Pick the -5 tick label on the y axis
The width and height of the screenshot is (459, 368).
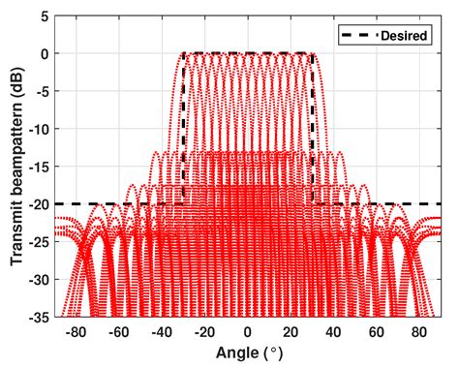click(41, 92)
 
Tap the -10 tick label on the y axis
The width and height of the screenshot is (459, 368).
click(38, 130)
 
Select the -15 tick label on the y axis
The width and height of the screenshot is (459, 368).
click(38, 167)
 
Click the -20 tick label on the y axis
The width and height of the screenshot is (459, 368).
click(38, 204)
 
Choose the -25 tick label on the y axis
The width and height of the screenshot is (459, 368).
click(38, 242)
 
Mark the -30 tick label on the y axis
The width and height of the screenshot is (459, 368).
click(38, 280)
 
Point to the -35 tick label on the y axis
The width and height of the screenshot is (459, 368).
click(38, 317)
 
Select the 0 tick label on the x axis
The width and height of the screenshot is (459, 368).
click(248, 331)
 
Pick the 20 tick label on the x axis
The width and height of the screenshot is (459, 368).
click(291, 331)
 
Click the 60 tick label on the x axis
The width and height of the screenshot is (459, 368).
click(376, 331)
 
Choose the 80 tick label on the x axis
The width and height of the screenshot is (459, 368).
click(418, 331)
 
